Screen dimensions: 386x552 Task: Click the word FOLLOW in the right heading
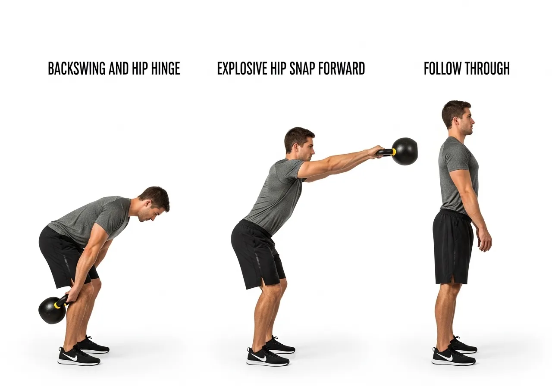441,69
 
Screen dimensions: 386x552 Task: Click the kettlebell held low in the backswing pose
52,310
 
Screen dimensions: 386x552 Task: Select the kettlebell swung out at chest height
404,151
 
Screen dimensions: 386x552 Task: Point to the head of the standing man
457,116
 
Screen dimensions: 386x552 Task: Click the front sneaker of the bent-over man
79,356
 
